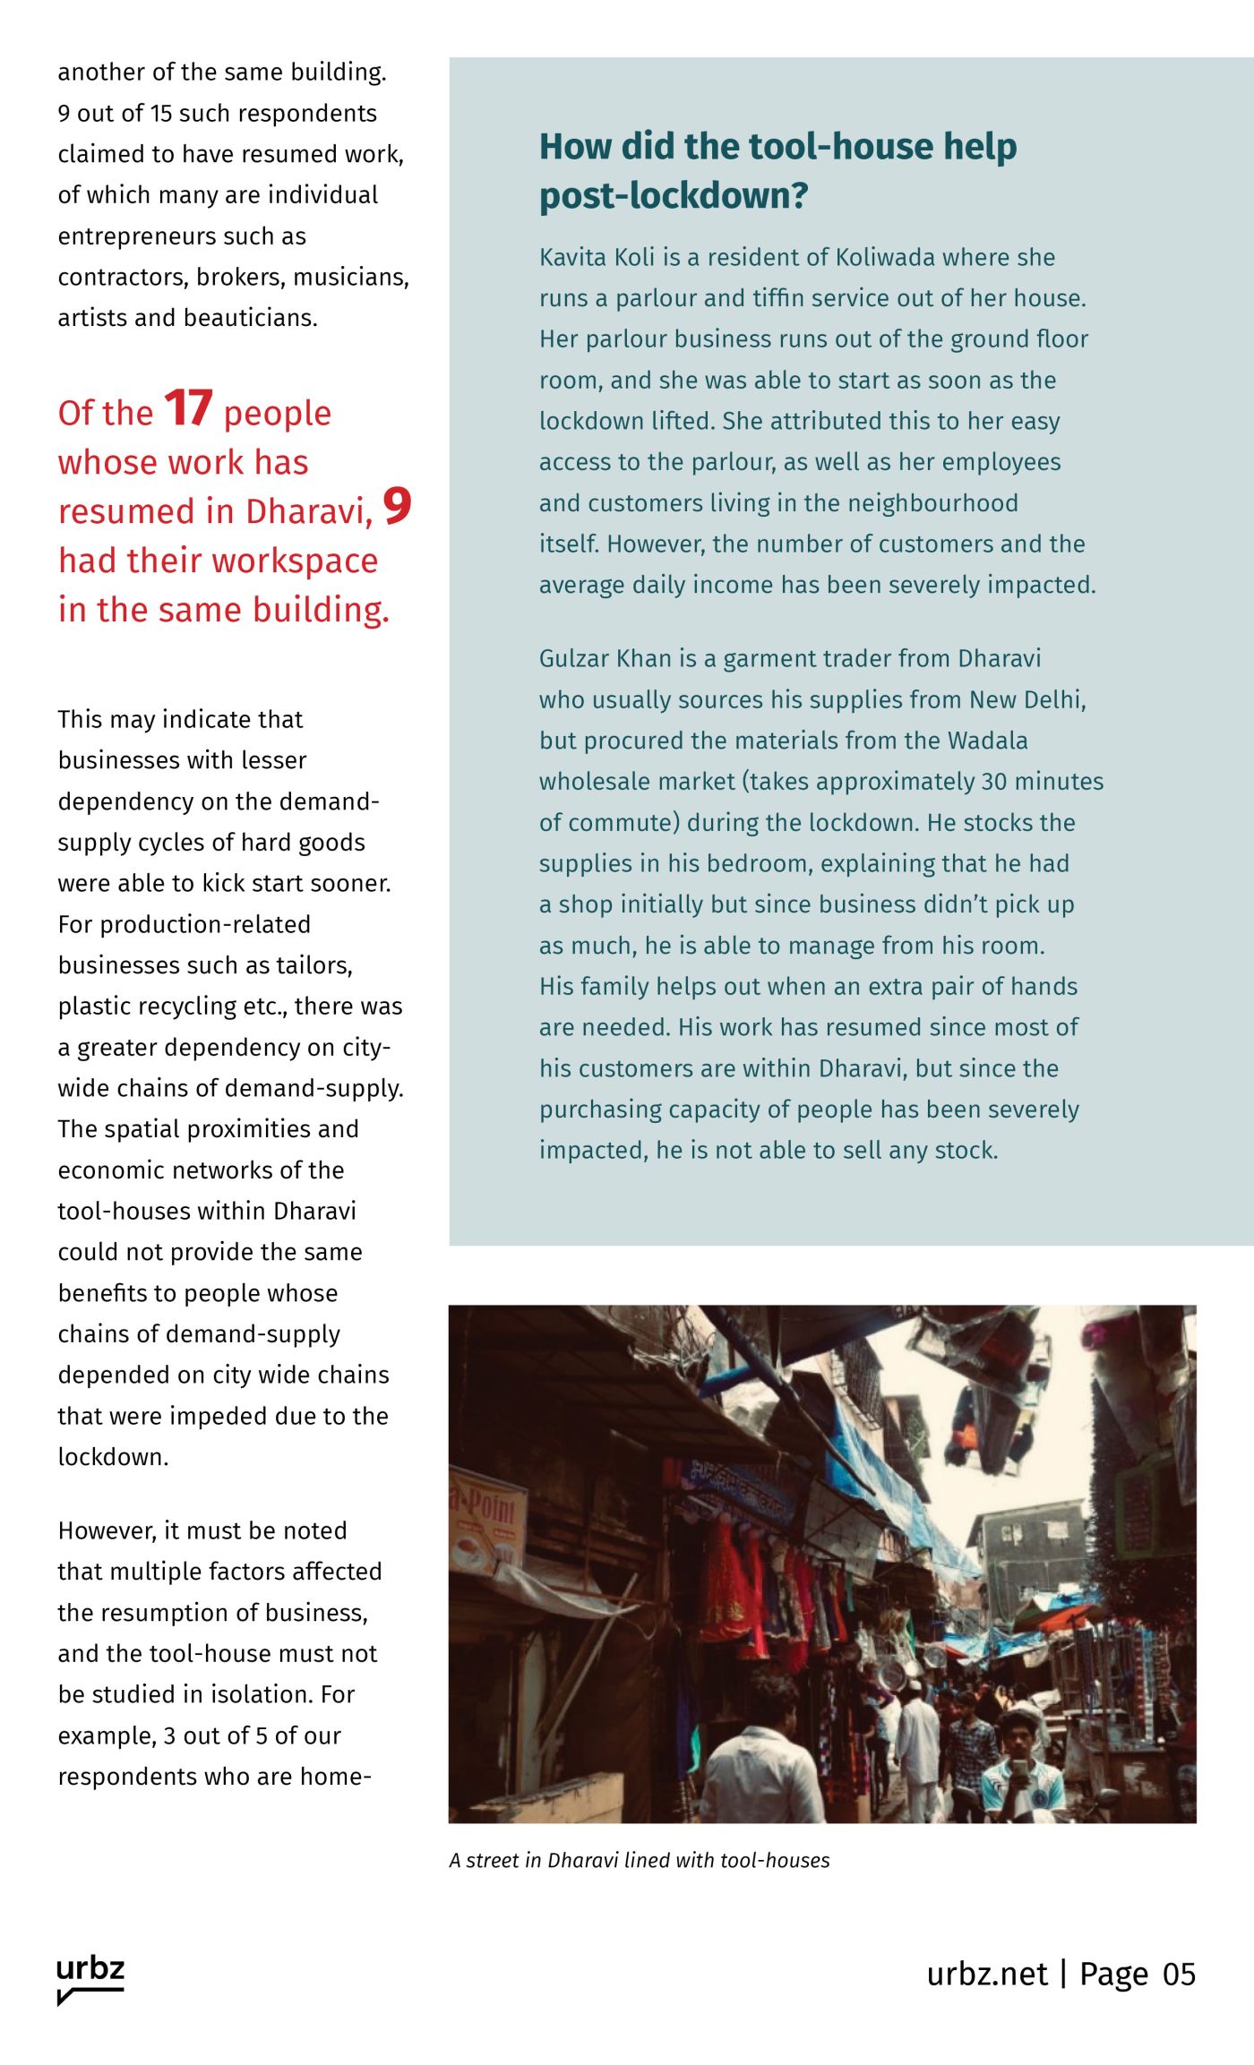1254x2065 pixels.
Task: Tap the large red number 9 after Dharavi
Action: (397, 506)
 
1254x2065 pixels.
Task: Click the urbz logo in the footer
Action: (90, 1978)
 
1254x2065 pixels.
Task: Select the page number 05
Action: (1179, 1974)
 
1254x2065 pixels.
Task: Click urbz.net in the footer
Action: (986, 1974)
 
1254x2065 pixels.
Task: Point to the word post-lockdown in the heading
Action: (674, 195)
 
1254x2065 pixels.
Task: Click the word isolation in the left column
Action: (261, 1694)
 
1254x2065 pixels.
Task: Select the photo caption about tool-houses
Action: (639, 1860)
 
